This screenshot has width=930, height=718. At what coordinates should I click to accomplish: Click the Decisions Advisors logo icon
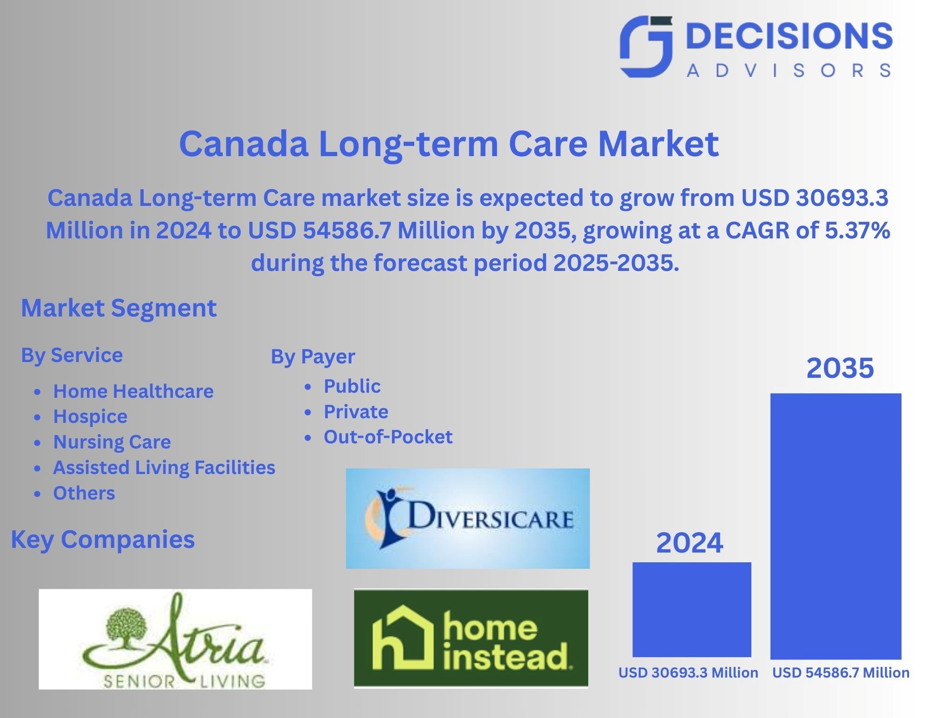point(646,46)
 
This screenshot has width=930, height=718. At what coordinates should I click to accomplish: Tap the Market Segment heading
point(119,308)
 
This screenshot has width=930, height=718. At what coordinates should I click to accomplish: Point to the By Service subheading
point(72,356)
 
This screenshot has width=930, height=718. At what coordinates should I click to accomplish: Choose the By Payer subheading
point(313,357)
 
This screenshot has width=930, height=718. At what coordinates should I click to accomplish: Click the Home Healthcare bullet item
point(133,391)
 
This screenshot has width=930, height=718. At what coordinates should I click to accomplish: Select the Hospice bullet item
point(90,416)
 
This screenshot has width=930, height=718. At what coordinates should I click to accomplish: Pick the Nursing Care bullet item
point(112,442)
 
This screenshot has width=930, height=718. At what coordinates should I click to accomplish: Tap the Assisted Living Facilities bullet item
point(164,468)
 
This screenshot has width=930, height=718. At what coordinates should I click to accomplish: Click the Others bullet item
point(84,493)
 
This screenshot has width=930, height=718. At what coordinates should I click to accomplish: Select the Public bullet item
point(352,386)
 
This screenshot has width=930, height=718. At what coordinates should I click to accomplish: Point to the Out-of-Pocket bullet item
point(388,437)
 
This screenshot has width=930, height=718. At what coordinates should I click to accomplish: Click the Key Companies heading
point(103,540)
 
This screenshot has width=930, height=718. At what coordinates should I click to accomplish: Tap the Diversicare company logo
point(467,518)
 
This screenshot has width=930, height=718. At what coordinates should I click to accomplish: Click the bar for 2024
point(691,609)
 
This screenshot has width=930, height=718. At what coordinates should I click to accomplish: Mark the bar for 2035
point(836,526)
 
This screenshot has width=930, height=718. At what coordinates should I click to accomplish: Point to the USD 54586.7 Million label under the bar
point(841,673)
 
